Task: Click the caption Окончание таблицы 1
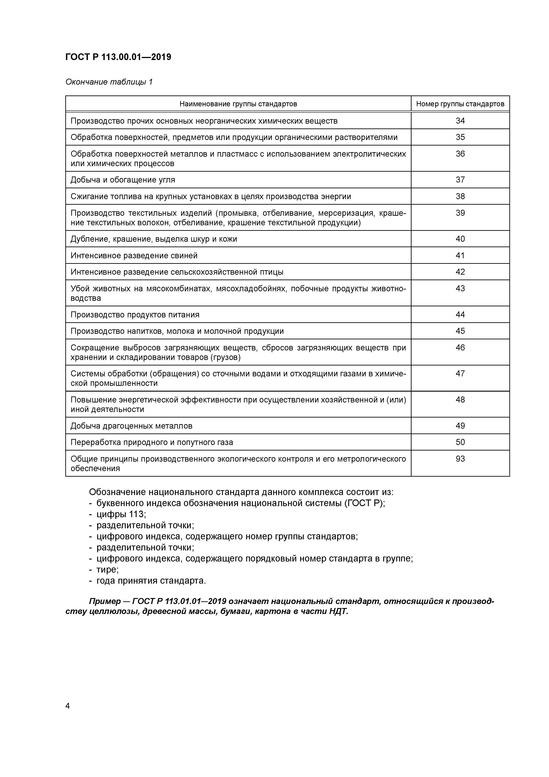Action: [109, 82]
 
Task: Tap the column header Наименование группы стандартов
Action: [238, 104]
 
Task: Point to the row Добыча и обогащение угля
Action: [123, 180]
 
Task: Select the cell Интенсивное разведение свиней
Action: [134, 256]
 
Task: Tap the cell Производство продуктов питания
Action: [135, 315]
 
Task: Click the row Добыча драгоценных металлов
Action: [131, 426]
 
